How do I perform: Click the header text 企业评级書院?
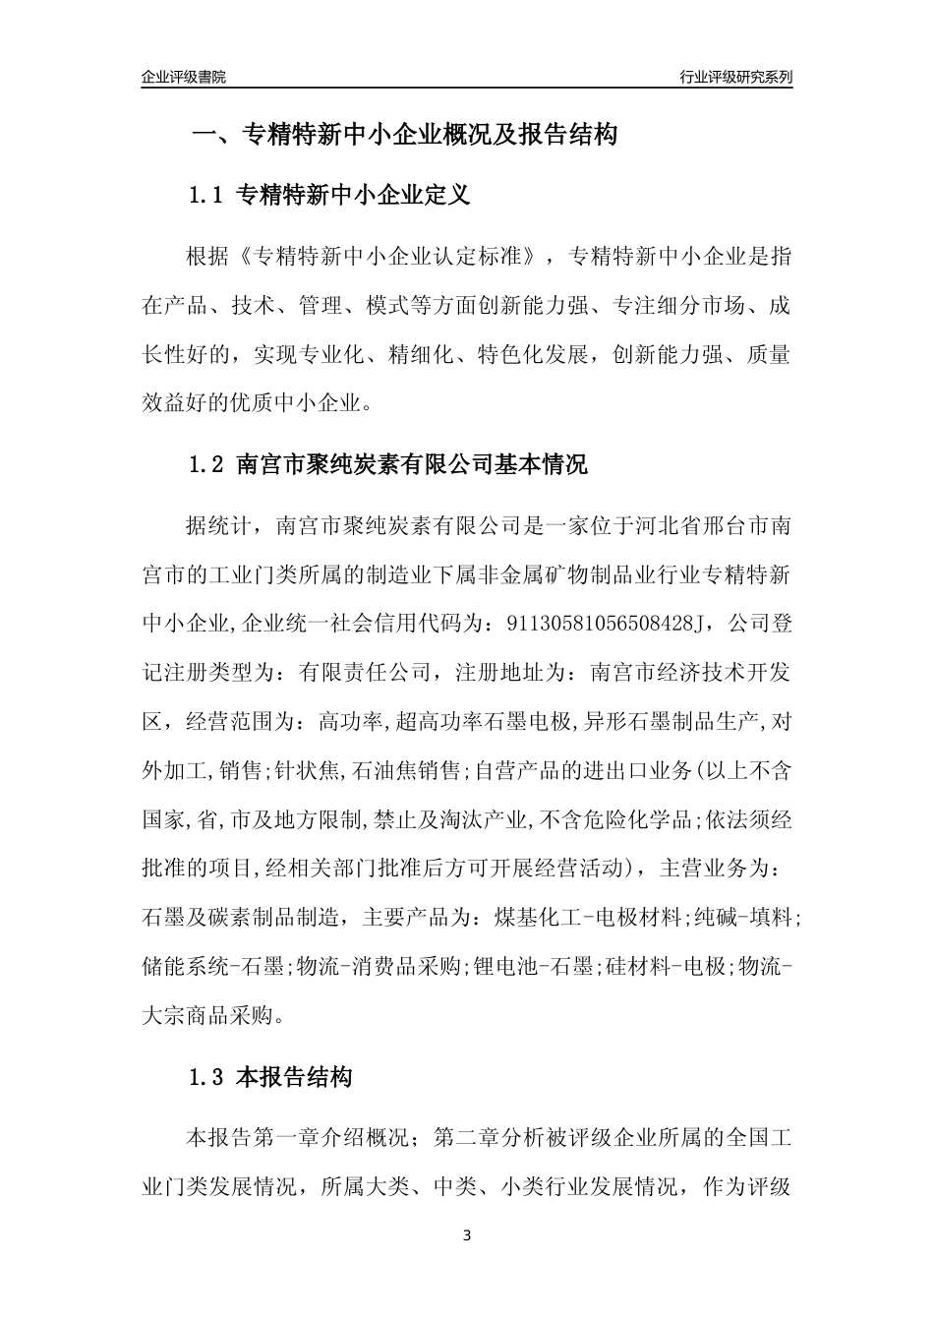pos(184,77)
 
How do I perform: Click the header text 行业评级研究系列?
pos(735,77)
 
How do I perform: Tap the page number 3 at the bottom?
pos(467,1235)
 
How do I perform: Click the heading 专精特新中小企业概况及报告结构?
pos(429,134)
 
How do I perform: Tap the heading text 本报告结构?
pos(295,1077)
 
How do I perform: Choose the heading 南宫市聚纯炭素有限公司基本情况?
pos(413,464)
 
